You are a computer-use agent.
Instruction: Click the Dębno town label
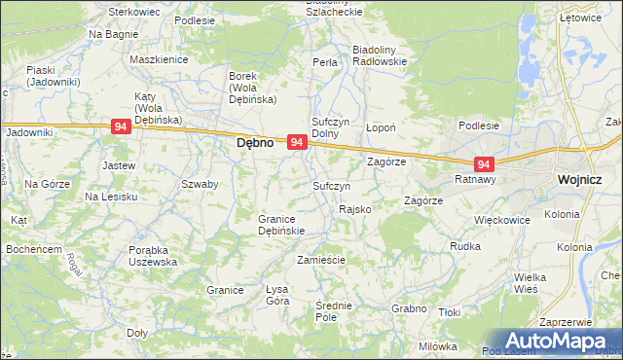coord(255,143)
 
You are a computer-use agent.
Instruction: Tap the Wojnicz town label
coord(582,180)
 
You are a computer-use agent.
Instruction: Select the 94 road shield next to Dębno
coord(298,143)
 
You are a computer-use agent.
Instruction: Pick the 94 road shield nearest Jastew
coord(121,127)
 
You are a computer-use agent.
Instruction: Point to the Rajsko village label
coord(353,209)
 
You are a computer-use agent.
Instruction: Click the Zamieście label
coord(321,260)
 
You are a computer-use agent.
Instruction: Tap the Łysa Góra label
coord(277,295)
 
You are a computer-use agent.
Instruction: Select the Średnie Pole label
coord(333,311)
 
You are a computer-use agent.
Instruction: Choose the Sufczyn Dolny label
coord(330,127)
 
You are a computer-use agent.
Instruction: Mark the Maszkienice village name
coord(158,59)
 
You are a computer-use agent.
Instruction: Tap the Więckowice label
coord(501,220)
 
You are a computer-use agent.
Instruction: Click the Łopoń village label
coord(379,127)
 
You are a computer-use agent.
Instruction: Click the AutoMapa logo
coord(553,341)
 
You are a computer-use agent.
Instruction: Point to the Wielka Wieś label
coord(531,282)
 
